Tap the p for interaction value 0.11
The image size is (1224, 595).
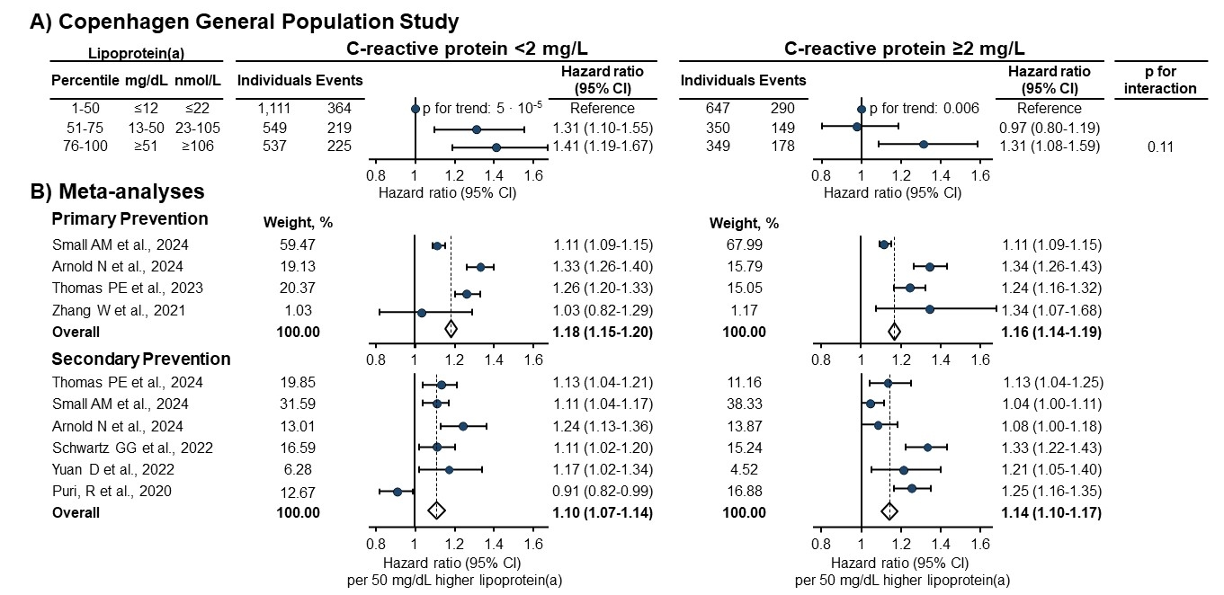[1161, 147]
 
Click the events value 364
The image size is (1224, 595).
[339, 109]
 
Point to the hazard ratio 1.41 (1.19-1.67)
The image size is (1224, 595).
[601, 147]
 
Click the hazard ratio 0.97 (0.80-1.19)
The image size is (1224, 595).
[1049, 128]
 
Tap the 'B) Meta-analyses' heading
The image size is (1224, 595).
[117, 191]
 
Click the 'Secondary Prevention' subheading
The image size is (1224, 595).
[141, 359]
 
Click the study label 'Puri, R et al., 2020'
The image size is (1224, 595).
[112, 491]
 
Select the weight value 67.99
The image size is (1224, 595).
[744, 244]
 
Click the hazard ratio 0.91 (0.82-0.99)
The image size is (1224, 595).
[601, 491]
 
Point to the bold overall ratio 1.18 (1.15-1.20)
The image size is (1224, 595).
[601, 332]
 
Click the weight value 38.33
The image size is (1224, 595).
[744, 404]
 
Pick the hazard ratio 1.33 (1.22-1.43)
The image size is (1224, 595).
[1049, 448]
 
